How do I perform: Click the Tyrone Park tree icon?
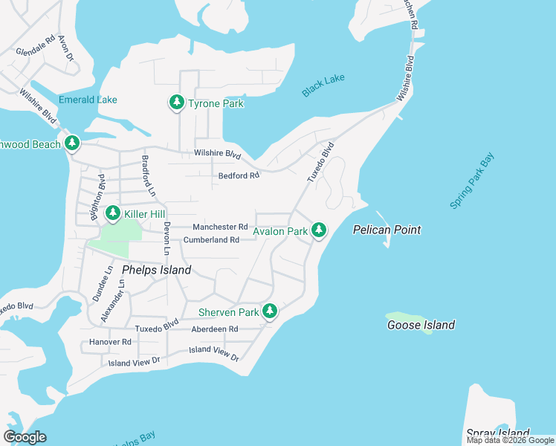176,103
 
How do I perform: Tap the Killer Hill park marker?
112,214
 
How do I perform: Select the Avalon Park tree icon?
319,230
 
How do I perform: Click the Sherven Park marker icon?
271,312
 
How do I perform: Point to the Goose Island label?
421,325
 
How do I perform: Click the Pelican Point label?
387,230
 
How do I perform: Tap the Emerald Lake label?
88,100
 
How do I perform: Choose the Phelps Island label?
156,270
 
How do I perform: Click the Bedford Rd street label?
239,176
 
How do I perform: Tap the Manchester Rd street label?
219,227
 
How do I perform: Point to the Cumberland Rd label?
211,240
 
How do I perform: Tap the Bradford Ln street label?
148,176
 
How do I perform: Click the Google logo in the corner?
25,437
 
